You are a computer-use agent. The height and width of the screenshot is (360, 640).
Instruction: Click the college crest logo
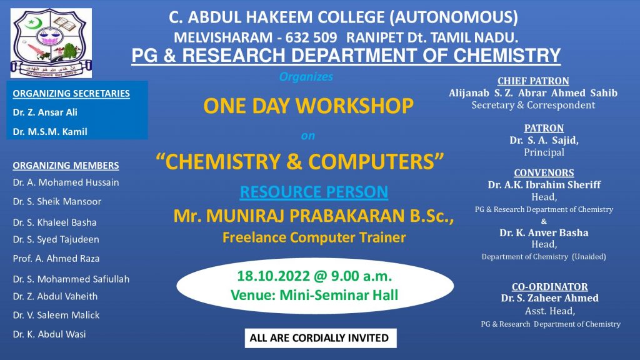51,43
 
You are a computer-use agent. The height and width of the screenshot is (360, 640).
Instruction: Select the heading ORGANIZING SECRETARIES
71,94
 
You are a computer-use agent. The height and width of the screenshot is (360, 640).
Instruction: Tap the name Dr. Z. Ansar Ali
45,112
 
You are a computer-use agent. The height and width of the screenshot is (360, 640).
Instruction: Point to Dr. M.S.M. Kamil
50,132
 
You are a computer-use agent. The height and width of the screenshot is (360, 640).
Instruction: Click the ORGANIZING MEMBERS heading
66,165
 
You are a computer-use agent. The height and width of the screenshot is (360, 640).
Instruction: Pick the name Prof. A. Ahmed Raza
56,258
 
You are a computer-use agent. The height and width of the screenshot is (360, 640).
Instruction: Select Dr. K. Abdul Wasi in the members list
49,334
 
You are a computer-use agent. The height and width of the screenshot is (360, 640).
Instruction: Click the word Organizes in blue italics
306,77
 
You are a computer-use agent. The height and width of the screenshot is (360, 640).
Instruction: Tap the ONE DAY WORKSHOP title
308,106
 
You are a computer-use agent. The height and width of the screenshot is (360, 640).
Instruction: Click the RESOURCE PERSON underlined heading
314,192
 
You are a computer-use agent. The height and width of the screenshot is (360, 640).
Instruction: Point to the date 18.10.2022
274,276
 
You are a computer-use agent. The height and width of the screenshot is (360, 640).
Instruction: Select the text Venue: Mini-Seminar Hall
314,295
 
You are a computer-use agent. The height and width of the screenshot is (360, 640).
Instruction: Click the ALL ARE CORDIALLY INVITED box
321,338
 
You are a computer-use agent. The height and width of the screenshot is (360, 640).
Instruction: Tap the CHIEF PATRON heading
533,81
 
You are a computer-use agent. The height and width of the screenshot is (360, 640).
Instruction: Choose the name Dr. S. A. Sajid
544,140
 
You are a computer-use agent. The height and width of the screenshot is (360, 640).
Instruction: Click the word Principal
544,152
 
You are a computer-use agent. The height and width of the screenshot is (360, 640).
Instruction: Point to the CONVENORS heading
544,172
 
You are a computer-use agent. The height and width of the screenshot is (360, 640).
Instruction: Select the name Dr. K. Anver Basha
544,232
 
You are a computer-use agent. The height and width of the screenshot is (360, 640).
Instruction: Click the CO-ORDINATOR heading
550,286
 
